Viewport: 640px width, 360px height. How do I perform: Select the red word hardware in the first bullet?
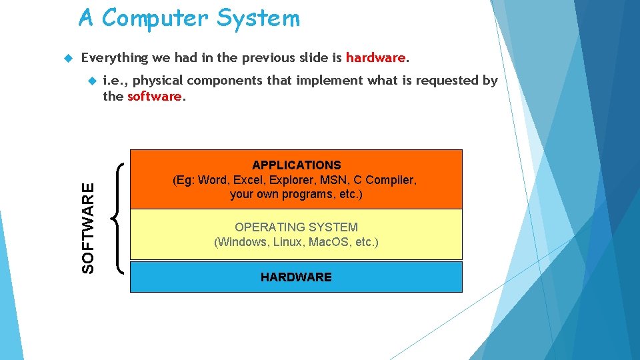tap(375, 57)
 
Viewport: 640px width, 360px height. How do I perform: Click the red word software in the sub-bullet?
tap(154, 96)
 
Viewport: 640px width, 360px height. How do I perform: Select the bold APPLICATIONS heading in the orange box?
tap(296, 165)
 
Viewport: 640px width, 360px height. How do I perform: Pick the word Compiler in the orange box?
tap(392, 180)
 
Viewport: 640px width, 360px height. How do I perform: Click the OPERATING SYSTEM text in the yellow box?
tap(296, 227)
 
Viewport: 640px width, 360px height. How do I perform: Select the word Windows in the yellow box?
tap(243, 242)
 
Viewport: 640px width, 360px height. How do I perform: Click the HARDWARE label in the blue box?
tap(296, 277)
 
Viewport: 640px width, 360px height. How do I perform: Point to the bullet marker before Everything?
tap(66, 58)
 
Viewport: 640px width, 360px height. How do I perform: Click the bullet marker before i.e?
tap(91, 81)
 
